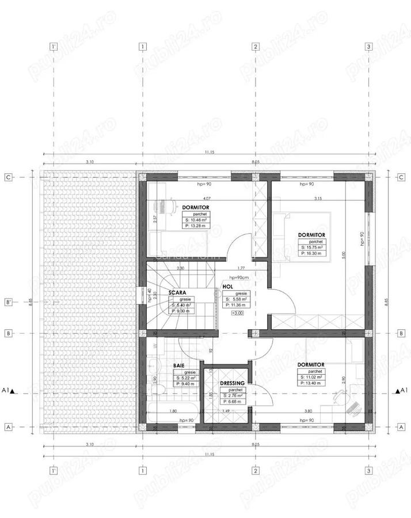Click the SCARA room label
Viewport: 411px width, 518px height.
pos(177,292)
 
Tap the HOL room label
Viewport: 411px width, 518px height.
pos(227,286)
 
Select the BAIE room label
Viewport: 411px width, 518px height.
pos(179,365)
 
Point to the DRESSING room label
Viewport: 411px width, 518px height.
pos(233,383)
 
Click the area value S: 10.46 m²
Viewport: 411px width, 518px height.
pos(196,220)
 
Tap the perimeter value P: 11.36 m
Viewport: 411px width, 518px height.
pos(235,306)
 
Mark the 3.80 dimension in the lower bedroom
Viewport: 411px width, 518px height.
pos(308,412)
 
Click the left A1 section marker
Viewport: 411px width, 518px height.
pos(9,391)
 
